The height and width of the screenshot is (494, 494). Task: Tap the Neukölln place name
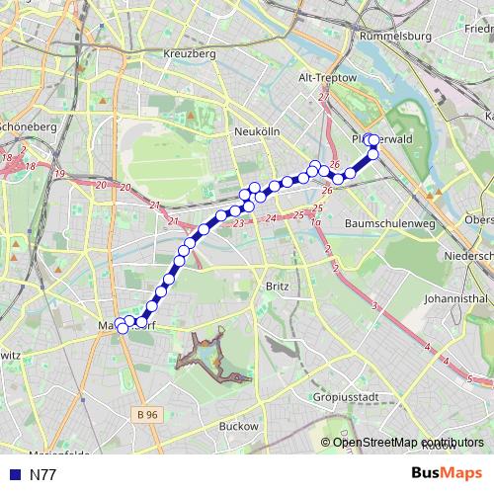260,131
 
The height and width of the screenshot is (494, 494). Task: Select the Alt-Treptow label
327,76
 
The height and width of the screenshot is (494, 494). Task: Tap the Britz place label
277,287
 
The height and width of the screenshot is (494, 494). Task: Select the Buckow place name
238,427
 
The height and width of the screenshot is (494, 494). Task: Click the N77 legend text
43,475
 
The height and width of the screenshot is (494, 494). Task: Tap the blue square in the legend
15,475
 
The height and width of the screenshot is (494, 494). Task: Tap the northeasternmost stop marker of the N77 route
373,140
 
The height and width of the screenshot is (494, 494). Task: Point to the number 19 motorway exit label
59,175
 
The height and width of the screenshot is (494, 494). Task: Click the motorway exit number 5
471,378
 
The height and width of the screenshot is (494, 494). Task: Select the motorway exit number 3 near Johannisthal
374,308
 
